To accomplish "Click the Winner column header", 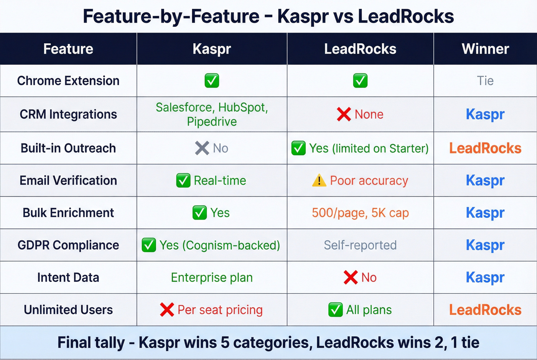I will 485,49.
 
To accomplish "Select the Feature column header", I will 68,49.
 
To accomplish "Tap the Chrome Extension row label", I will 68,81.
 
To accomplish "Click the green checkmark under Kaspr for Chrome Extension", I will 212,81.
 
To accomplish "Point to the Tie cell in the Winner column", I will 485,81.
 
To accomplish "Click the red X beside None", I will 344,114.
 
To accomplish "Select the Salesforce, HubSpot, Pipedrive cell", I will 212,114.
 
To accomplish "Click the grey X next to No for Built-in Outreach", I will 202,148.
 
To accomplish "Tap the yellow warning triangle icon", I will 319,180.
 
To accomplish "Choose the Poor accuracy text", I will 369,181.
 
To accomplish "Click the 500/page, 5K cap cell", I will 360,213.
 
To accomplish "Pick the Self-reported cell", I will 360,245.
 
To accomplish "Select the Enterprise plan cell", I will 212,278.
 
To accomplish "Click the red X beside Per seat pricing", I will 167,310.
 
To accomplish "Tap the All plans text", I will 369,310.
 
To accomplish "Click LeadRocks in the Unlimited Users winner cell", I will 485,310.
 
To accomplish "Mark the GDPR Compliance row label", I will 68,245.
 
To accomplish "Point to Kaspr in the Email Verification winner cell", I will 485,181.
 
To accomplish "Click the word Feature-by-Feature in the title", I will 171,16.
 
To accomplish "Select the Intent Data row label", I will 68,278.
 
